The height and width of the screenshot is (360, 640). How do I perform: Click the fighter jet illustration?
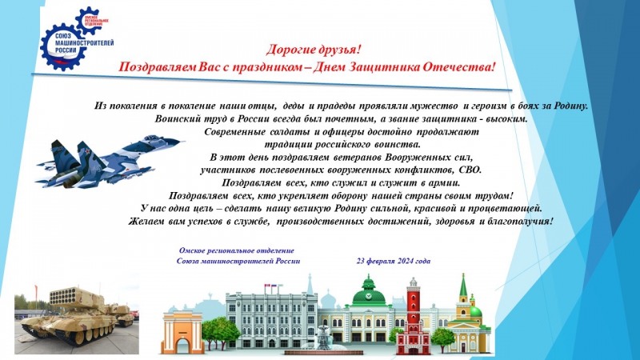pos(110,162)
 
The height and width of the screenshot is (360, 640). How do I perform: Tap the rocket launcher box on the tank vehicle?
pos(70,297)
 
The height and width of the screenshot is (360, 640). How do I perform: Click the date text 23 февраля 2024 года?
pos(394,261)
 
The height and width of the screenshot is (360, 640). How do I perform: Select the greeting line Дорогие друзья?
pos(314,50)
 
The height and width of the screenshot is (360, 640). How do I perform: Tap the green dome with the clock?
pos(369,293)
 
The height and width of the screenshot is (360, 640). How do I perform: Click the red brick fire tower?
pos(413,316)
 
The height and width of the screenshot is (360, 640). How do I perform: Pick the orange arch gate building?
pos(182,332)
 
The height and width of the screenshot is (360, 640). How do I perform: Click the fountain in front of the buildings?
pos(322,338)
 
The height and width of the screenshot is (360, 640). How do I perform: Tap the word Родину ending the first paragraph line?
pos(571,106)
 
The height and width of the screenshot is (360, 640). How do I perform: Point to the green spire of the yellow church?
pos(463,285)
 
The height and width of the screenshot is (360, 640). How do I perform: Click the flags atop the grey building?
pos(270,287)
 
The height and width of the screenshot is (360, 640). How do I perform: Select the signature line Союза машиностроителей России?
pos(238,261)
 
